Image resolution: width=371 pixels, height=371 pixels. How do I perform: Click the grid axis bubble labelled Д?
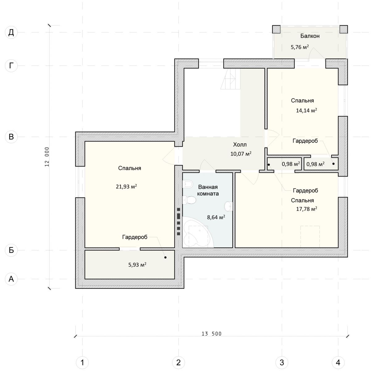click(11, 32)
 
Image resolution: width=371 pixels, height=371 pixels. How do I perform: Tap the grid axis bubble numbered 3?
click(282, 363)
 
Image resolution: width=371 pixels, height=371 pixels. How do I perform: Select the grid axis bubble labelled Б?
click(11, 250)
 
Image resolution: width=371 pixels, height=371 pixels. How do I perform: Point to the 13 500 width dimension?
click(211, 334)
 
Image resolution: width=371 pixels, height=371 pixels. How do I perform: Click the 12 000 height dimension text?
click(47, 157)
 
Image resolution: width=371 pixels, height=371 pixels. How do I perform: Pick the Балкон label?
click(310, 36)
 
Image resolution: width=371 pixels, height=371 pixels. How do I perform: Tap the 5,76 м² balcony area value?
click(300, 47)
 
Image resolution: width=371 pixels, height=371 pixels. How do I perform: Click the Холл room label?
click(240, 145)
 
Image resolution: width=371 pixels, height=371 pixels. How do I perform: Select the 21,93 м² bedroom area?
click(126, 186)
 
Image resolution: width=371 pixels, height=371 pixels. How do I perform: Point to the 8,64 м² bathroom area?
click(216, 217)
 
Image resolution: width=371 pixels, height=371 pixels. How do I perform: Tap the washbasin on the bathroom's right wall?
click(229, 206)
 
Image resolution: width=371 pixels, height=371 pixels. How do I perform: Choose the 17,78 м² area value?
click(306, 209)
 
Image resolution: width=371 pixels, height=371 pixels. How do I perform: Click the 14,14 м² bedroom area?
click(306, 110)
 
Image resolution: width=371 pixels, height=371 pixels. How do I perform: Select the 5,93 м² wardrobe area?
click(137, 265)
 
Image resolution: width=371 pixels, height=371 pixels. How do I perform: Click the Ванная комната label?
click(208, 190)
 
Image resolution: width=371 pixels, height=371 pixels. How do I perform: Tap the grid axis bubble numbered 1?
click(82, 363)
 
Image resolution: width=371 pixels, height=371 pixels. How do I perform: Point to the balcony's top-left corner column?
click(276, 29)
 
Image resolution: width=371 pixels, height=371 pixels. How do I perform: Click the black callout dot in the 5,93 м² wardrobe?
click(165, 257)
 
